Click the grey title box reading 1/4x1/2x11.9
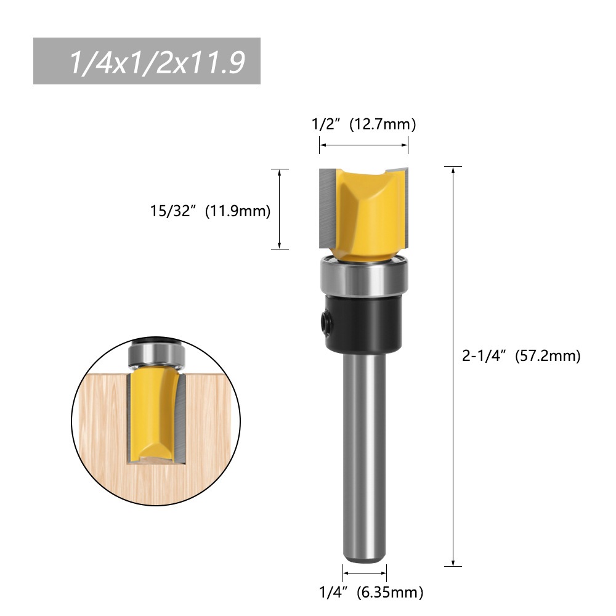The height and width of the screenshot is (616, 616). click(147, 61)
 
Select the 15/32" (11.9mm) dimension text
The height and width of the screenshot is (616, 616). click(210, 211)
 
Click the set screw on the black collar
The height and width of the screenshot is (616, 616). click(323, 318)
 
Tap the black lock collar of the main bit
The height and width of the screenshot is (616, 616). click(363, 320)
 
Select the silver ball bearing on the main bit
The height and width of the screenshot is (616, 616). click(363, 277)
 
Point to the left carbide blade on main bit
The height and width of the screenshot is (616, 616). click(326, 206)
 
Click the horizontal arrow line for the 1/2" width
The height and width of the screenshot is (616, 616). click(363, 145)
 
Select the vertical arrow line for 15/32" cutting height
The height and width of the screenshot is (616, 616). click(280, 209)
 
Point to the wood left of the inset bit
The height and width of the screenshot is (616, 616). click(102, 419)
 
